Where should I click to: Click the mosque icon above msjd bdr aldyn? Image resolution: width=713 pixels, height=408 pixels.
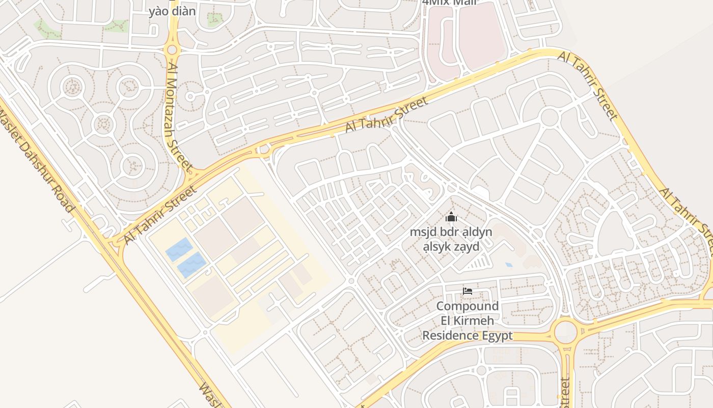[451, 218]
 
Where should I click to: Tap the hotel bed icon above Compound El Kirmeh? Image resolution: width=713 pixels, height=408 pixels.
[467, 291]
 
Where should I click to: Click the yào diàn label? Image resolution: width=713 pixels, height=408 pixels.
[172, 11]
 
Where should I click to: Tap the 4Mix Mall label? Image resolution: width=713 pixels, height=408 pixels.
[450, 2]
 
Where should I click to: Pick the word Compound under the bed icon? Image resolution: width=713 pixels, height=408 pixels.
[468, 307]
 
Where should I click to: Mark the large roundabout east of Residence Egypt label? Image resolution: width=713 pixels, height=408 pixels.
[565, 332]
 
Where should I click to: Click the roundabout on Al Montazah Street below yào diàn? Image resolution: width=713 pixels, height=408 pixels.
[172, 49]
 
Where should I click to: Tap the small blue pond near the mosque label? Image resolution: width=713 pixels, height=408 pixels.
[509, 265]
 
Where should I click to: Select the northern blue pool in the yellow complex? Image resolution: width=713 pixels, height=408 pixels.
[179, 249]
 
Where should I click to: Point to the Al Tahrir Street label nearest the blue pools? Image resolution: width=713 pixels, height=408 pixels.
[159, 215]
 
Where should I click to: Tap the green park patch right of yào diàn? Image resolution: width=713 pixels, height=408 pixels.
[214, 19]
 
